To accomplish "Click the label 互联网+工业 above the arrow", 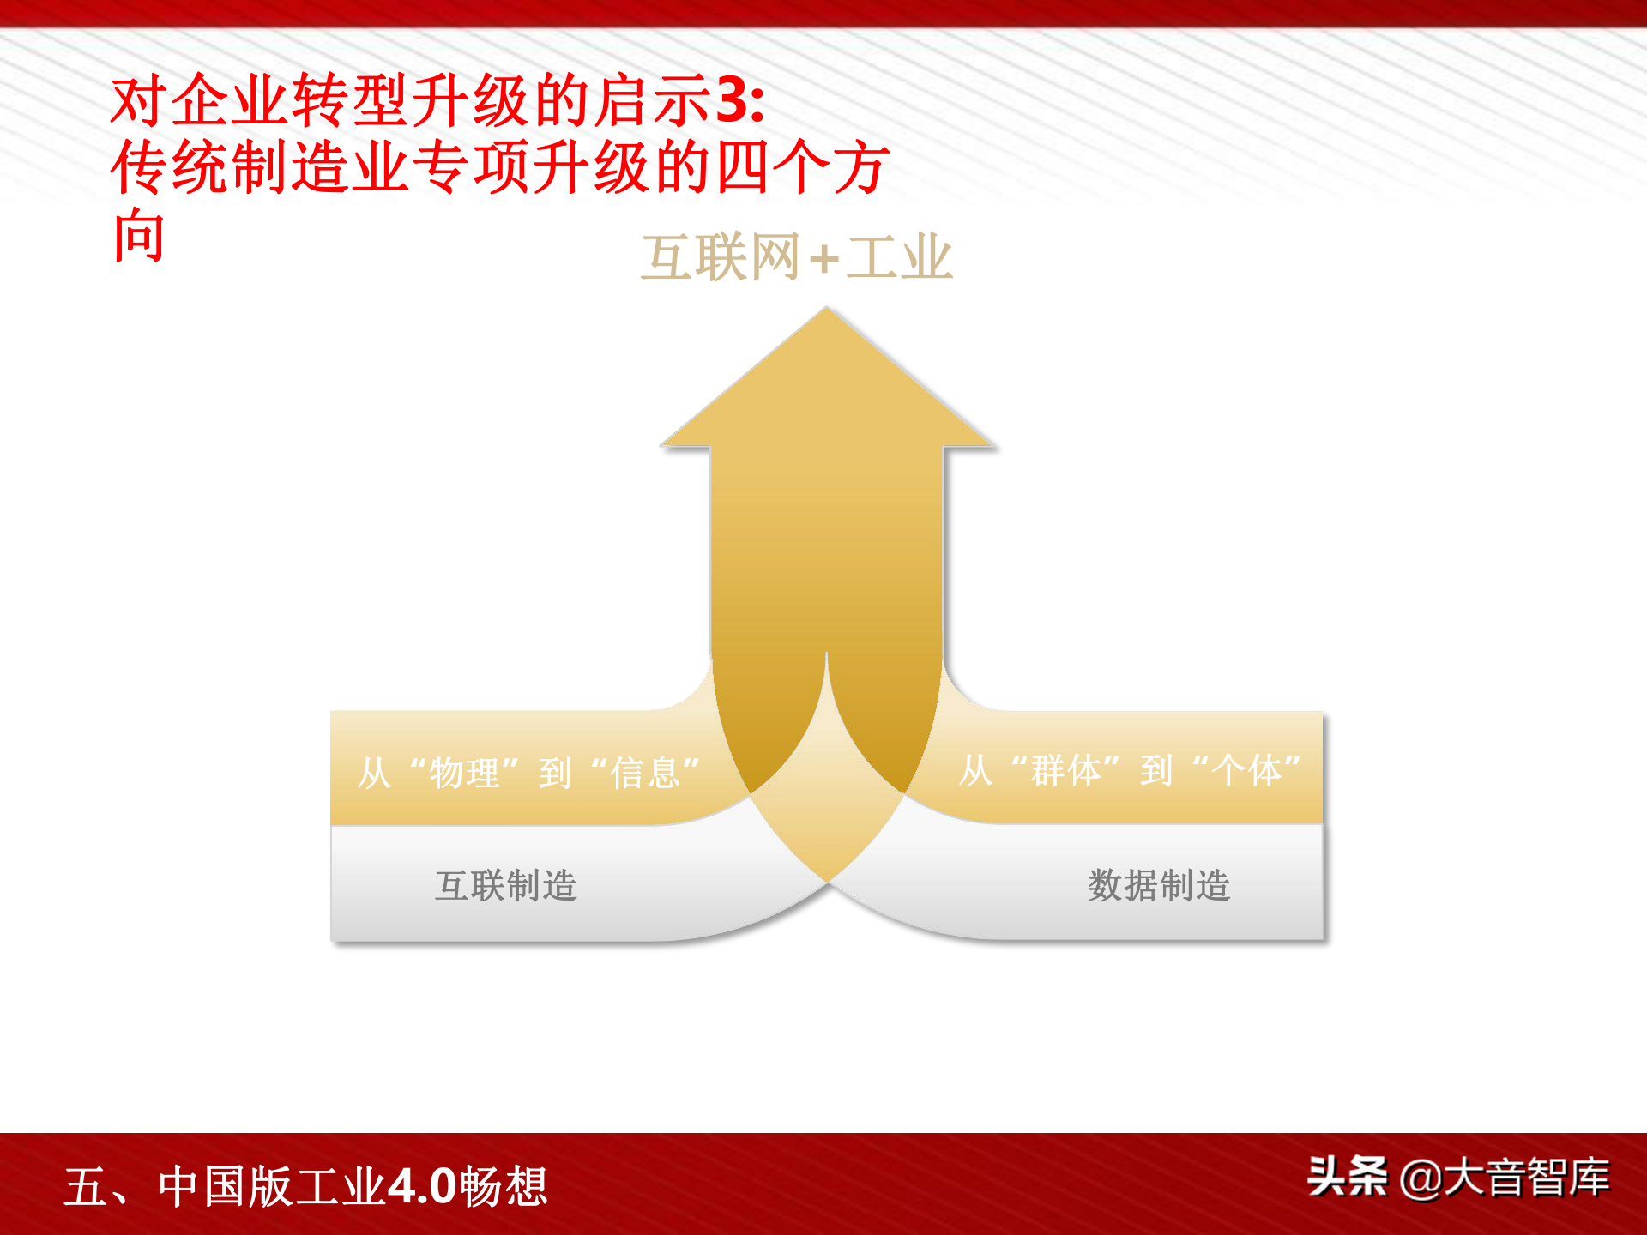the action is [x=797, y=257].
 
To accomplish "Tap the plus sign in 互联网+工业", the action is [x=823, y=259].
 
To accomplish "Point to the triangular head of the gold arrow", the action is [x=827, y=377].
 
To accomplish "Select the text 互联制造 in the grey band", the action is [x=506, y=886].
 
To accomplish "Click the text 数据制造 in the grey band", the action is [x=1159, y=886].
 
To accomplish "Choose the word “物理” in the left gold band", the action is [x=464, y=773].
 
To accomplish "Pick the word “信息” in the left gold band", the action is [x=646, y=773].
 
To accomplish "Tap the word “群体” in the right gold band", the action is [x=1066, y=770].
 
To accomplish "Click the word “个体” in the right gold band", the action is [x=1247, y=770].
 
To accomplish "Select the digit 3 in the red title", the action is [x=731, y=101].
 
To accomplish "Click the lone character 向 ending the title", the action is [x=139, y=235].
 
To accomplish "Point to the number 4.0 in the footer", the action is [x=422, y=1186].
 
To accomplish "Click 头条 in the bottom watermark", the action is [x=1347, y=1177].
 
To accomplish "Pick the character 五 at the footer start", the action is [x=87, y=1187].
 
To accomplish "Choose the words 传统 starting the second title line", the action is [x=170, y=166].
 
